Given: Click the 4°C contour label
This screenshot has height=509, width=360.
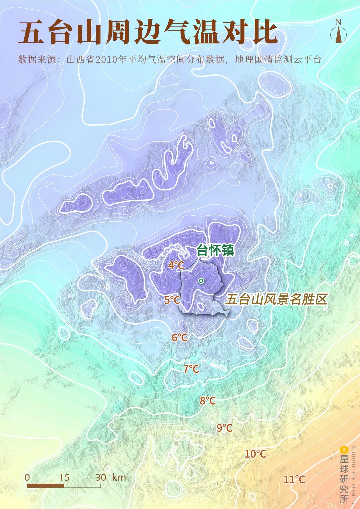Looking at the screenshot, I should coord(176,266).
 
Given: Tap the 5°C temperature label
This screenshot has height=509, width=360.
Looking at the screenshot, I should coord(172,300).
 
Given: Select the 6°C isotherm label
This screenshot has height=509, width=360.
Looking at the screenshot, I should coord(180,337).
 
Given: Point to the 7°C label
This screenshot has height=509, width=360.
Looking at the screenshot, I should coord(191,369).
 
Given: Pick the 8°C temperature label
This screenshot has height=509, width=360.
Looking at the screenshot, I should coord(208,401).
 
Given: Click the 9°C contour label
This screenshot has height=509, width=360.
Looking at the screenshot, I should coord(224,428).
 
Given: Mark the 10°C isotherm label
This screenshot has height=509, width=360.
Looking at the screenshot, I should coord(255,454).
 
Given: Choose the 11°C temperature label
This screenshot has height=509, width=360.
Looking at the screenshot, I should coord(294,480).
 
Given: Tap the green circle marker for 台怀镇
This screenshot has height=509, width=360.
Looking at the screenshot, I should coord(201,281).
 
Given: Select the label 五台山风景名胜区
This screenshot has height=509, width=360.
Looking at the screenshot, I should coord(276,299).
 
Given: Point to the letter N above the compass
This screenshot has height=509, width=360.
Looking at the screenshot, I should coord(338,22).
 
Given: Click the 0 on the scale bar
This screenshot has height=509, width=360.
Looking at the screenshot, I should coord(27,477).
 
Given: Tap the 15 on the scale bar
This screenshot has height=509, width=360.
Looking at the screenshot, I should coord(64,477).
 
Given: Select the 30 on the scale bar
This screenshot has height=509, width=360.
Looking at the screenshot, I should coord(101,477).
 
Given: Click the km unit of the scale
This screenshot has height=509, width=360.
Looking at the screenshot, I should coord(119,477).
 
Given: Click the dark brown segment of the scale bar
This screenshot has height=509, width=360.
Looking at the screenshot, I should coord(45,486).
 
